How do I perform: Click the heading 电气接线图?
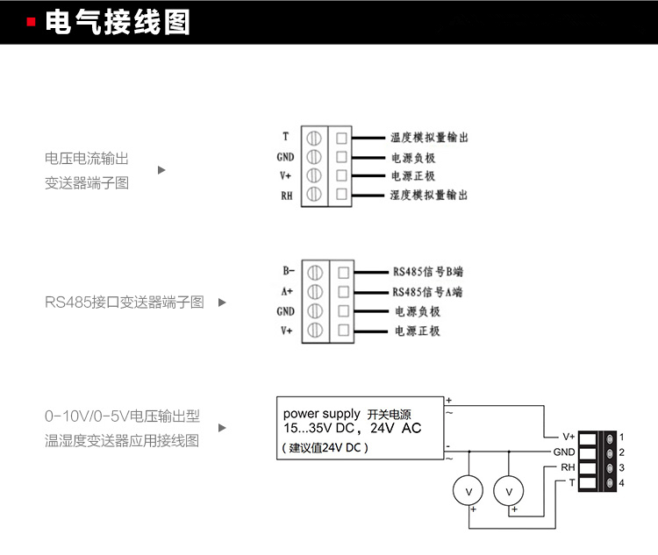[117, 23]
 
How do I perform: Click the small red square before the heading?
[32, 23]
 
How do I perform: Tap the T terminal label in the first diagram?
[285, 137]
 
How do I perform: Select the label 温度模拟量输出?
[428, 138]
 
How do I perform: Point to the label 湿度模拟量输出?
[428, 195]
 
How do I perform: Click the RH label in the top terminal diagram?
[286, 195]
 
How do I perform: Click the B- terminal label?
[288, 272]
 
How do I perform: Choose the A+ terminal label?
[287, 291]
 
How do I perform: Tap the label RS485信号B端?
[427, 272]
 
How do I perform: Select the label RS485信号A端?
[427, 292]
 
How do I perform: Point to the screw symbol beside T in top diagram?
[314, 138]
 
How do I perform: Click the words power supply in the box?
[321, 414]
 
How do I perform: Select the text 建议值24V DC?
[325, 447]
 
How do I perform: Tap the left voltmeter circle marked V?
[468, 491]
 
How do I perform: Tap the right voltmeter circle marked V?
[508, 491]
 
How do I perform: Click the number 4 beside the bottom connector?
[621, 483]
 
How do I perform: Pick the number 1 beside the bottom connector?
[621, 436]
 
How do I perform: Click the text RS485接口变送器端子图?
[125, 302]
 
